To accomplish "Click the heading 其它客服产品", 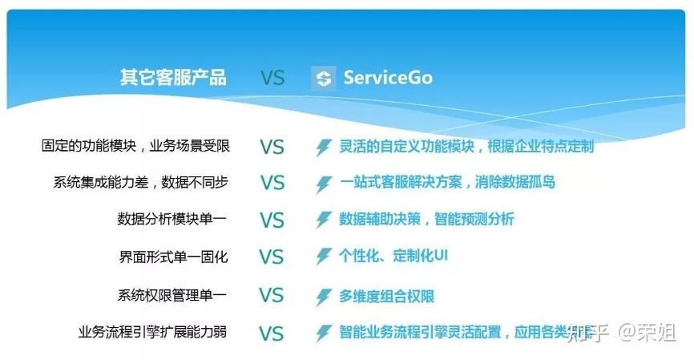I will point(173,78).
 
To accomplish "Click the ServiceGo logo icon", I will point(324,78).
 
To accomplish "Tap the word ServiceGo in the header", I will point(388,78).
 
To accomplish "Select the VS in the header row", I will point(272,78).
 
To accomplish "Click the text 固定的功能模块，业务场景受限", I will point(135,146).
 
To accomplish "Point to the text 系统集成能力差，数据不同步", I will point(140,182).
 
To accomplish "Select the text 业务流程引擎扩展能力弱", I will point(152,332).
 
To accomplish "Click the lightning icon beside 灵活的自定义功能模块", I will point(324,148).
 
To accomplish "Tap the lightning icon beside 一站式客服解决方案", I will point(324,184).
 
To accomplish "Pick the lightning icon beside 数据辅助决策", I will point(324,220).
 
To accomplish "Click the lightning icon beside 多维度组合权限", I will point(324,297).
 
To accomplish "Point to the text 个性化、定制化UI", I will point(393,257).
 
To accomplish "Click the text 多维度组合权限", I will point(386,296).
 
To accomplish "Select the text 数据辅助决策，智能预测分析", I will point(426,219).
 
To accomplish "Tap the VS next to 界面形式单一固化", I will point(272,257).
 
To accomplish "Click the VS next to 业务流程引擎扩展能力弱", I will point(272,333).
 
